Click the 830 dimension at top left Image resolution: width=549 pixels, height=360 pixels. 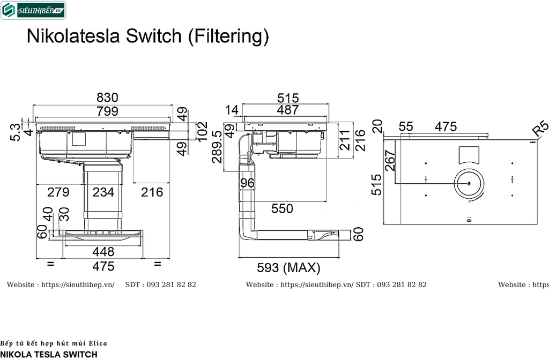pos(107,97)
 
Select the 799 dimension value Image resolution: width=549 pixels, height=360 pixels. pos(107,111)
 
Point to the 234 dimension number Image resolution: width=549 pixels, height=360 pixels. pos(103,192)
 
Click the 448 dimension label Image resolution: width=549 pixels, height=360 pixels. pos(103,251)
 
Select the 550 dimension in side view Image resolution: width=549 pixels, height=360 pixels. pos(282,209)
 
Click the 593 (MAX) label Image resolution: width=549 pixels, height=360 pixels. pos(288,267)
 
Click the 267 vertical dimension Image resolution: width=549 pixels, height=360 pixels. pos(390,161)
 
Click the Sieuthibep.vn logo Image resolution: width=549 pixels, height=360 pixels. pos(33,10)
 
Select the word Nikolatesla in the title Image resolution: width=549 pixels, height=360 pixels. pos(75,36)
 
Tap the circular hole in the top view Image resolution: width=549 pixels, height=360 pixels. pos(469,184)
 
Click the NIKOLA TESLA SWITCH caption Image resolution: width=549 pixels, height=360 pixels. pos(49,354)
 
